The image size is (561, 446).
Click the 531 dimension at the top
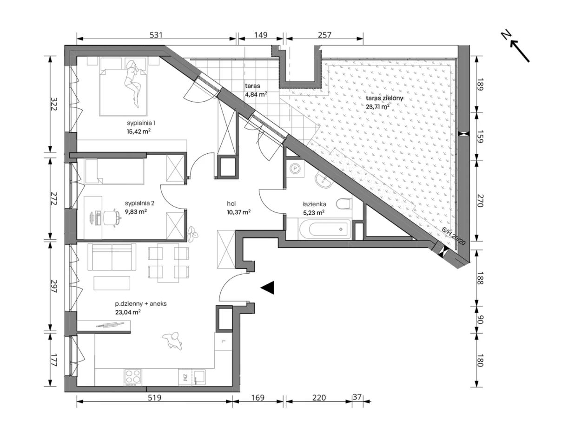coord(156,35)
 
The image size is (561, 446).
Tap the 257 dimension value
coord(324,35)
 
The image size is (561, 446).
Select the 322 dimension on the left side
coord(53,104)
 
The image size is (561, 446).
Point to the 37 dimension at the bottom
coord(357,397)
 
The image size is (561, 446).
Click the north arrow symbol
coord(516,47)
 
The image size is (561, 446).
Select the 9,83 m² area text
coord(136,211)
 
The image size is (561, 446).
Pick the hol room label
coord(231,203)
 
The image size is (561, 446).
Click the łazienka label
coord(314,204)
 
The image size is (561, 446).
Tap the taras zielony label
coord(384,98)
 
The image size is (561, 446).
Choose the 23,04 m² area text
coord(128,312)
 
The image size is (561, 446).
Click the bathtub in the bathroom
coord(325,230)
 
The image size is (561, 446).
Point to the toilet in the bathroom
coord(344,204)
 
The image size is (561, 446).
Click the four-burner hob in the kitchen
coord(133,377)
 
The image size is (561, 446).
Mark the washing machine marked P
coord(295,168)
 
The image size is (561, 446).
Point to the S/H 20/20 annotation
coord(454,236)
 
